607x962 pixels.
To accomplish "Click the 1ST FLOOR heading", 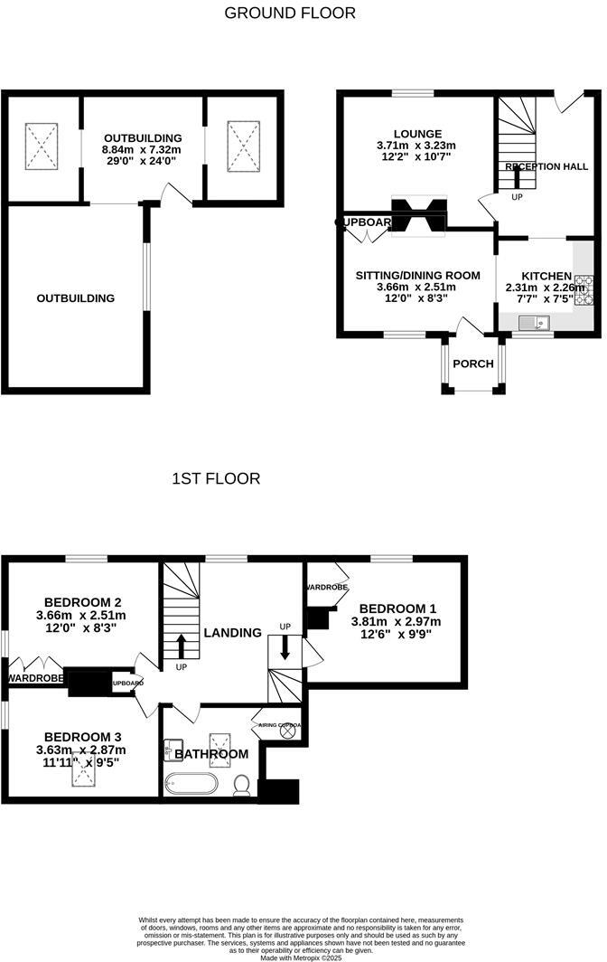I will coord(216,479).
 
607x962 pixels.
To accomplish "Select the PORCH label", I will coord(473,363).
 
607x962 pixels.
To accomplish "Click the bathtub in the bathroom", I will coord(191,783).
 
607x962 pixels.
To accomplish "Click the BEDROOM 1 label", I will coord(395,608).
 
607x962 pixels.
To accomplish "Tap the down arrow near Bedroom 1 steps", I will coord(285,648).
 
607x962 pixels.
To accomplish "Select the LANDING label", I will coord(232,632).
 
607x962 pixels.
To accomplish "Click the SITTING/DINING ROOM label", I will coord(416,275).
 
